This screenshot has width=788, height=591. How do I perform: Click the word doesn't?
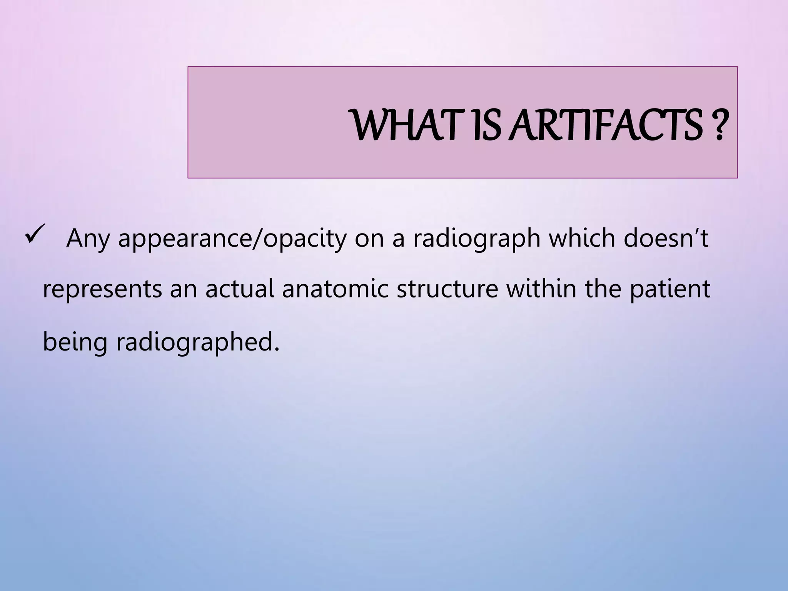coord(666,239)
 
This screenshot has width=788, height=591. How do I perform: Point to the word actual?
coord(239,289)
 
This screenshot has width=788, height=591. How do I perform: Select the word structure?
coord(447,289)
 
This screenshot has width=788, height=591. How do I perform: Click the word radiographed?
coord(197,342)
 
